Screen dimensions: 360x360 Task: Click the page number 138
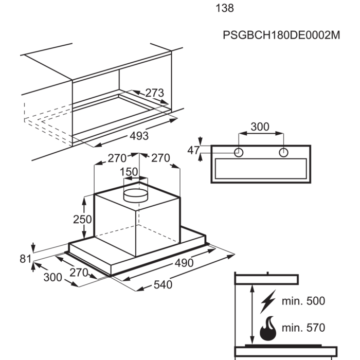(225, 8)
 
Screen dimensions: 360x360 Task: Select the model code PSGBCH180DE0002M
(281, 35)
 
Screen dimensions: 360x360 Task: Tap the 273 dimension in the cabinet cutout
(154, 93)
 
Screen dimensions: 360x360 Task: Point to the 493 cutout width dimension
(139, 136)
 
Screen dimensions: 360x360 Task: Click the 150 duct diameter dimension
(129, 172)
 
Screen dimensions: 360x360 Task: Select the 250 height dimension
(82, 220)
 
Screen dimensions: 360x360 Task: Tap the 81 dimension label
(25, 259)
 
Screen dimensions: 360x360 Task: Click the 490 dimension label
(184, 263)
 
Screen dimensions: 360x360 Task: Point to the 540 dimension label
(163, 285)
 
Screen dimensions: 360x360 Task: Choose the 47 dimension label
(193, 151)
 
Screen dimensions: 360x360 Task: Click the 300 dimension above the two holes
(260, 127)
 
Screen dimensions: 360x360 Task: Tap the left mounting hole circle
(239, 152)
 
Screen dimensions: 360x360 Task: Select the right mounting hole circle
(283, 152)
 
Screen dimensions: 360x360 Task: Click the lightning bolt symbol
(268, 302)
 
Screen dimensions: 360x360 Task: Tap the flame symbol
(268, 329)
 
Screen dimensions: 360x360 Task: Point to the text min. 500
(303, 301)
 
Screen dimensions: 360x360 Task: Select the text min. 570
(303, 328)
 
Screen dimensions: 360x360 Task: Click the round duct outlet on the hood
(136, 195)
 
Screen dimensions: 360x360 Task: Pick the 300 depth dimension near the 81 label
(52, 277)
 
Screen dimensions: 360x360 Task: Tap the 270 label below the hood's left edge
(79, 273)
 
